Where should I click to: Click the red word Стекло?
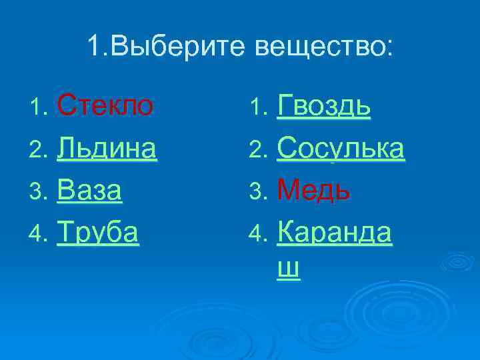[105, 105]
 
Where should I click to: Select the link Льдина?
[107, 148]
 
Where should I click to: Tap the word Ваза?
[89, 191]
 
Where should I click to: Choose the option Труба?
[98, 233]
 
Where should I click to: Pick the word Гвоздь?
[324, 105]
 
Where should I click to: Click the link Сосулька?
[341, 148]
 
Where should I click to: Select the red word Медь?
[313, 191]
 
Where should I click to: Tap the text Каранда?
[335, 233]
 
